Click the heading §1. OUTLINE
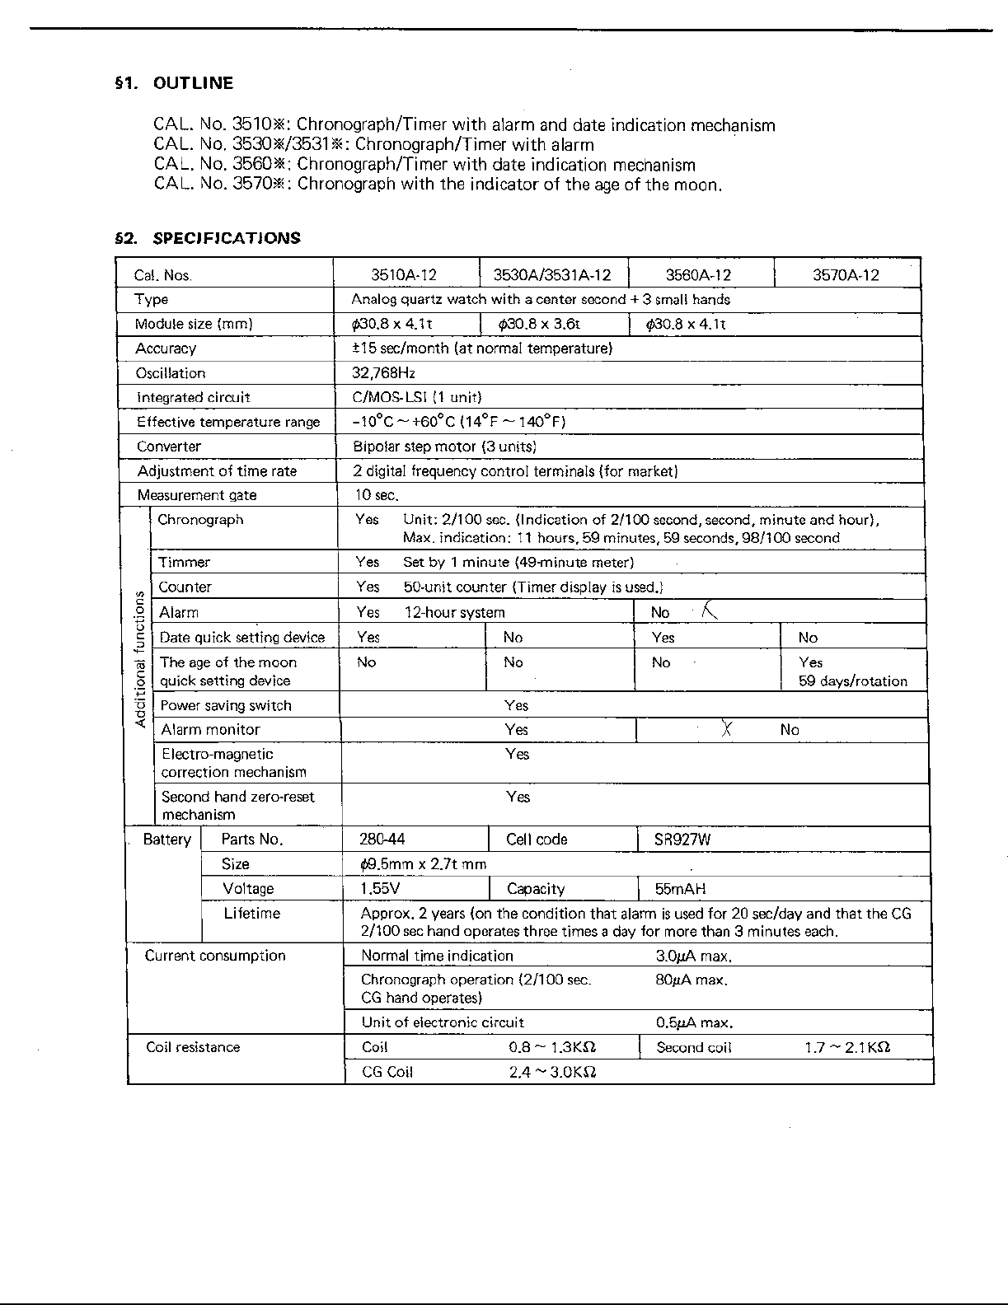174,83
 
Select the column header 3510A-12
404,275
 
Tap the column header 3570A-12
846,275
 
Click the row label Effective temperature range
228,422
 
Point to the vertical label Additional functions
140,659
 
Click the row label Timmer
185,562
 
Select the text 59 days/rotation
852,681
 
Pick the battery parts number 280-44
382,840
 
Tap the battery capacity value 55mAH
680,889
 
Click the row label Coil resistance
193,1047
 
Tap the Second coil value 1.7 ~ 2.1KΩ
846,1047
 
